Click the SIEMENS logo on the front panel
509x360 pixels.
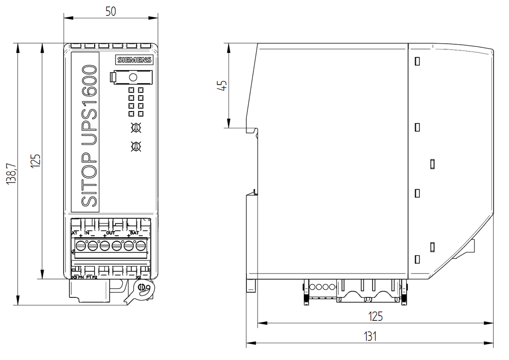pos(134,60)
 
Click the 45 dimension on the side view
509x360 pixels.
pos(222,85)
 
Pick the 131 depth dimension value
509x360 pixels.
pos(370,336)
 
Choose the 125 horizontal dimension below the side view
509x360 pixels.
pos(375,316)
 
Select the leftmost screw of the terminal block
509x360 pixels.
pos(80,246)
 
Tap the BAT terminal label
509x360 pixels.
pos(134,233)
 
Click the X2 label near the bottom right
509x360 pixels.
pos(138,278)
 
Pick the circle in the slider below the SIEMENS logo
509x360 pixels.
pos(133,77)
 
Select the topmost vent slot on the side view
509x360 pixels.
pos(417,62)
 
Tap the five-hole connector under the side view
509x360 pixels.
pos(321,287)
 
